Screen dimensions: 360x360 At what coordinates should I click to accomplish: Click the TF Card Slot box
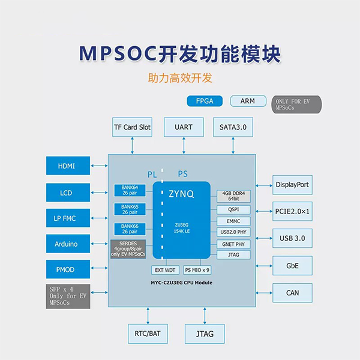tap(132, 127)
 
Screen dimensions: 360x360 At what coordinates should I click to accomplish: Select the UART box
tap(183, 127)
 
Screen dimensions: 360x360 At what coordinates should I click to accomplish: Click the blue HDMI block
tap(68, 166)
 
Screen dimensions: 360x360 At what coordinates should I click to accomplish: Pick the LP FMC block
tap(68, 217)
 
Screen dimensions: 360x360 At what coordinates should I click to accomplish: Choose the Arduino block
tap(68, 243)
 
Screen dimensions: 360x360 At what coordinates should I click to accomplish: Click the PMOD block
tap(68, 269)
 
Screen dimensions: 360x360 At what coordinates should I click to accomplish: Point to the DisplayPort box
tap(292, 185)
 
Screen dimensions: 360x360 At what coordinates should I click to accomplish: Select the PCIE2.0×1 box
tap(292, 211)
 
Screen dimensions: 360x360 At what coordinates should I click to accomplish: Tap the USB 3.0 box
tap(292, 238)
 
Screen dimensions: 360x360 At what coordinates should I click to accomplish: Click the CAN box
tap(292, 293)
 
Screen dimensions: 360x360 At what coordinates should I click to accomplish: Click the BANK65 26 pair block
tap(130, 209)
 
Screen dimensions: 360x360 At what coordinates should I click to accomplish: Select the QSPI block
tap(234, 209)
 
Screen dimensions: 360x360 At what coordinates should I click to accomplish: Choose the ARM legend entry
tap(248, 101)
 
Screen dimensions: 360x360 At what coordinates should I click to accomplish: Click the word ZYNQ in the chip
tap(181, 195)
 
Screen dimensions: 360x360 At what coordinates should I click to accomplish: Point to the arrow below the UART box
tap(183, 146)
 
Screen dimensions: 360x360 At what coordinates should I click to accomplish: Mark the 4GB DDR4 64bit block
tap(234, 196)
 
